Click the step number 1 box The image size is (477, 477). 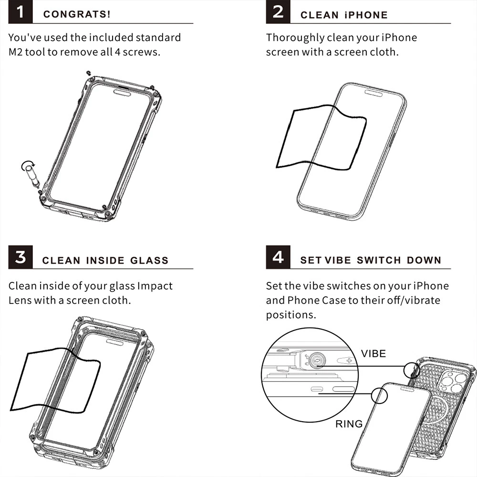tap(21, 12)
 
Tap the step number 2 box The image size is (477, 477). tap(278, 12)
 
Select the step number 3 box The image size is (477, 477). tap(21, 258)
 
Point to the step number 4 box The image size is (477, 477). tap(278, 258)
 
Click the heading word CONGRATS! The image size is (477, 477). tap(77, 14)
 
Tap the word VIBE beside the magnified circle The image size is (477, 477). tap(373, 353)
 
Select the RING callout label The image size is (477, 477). tap(349, 424)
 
